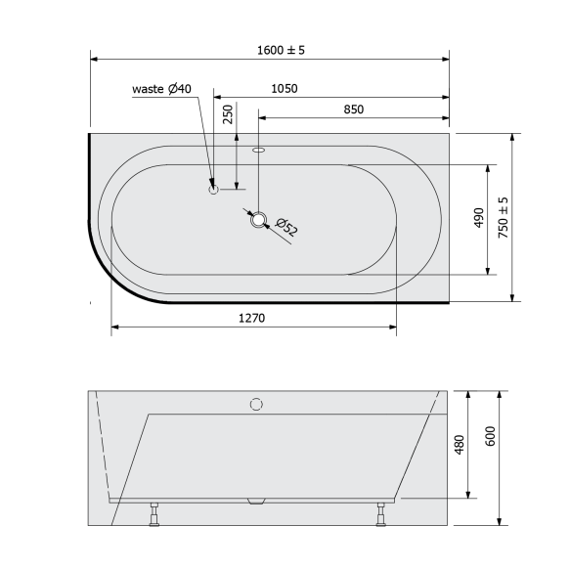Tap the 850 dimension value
(x=353, y=110)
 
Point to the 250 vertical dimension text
(x=228, y=114)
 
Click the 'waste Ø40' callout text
(x=162, y=89)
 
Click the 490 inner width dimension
(x=478, y=218)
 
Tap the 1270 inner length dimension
(x=252, y=318)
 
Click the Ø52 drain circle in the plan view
(x=258, y=219)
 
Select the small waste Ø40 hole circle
(x=213, y=189)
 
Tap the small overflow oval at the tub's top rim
(x=259, y=152)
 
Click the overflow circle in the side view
(x=257, y=404)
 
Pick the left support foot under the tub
(x=153, y=514)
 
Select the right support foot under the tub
(x=379, y=514)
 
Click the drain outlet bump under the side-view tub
(x=257, y=503)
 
